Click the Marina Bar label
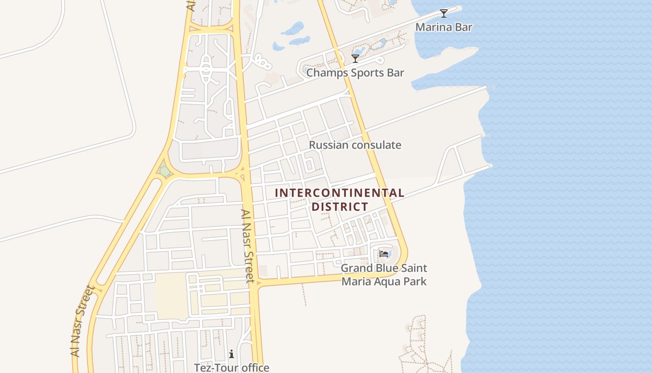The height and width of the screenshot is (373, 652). pos(444,27)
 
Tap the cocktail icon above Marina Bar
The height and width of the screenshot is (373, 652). pos(444,14)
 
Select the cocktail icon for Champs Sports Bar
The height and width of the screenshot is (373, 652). pos(355,59)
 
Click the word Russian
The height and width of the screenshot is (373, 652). pos(328,145)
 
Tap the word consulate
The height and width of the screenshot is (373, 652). pos(376,145)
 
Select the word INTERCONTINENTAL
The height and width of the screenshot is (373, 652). pos(340,193)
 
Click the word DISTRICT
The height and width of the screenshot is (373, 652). pos(340,207)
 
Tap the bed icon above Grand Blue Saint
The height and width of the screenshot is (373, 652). pos(384,254)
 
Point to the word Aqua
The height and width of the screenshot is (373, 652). pos(388,282)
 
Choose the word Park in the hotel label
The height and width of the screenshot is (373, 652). pos(414,282)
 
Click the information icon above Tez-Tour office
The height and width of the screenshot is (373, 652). pos(231,354)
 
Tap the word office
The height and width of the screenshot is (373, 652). pos(253,368)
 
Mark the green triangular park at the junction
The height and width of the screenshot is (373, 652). pos(164,171)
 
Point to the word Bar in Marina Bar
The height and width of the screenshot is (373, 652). pos(464,27)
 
